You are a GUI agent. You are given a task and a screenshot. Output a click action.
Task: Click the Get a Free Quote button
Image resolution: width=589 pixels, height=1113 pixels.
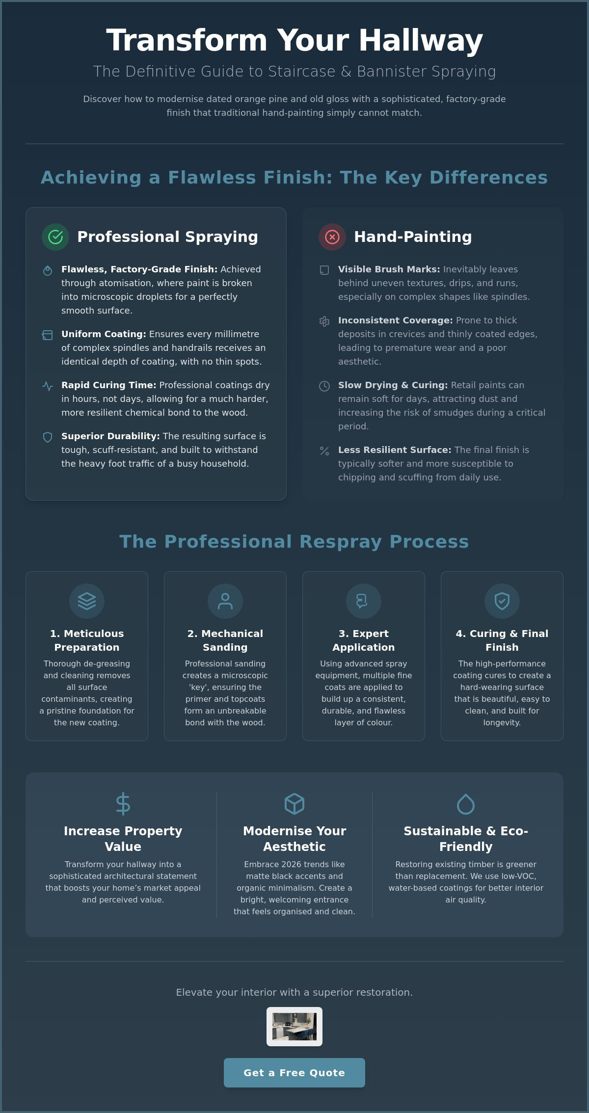(x=294, y=1073)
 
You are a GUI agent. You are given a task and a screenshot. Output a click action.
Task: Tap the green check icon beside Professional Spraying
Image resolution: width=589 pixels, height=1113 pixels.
(x=55, y=237)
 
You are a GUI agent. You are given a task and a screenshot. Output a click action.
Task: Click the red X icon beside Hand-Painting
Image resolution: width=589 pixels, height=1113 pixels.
(x=332, y=237)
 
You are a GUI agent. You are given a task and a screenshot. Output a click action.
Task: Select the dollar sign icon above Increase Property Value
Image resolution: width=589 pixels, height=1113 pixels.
(x=123, y=804)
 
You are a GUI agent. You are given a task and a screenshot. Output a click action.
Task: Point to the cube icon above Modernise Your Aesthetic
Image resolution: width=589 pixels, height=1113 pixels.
(x=294, y=804)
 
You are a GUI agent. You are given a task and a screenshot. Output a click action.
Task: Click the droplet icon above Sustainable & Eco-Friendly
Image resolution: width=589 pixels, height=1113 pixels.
(x=466, y=804)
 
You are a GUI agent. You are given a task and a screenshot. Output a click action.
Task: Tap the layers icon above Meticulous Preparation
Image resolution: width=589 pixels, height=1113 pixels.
(x=87, y=601)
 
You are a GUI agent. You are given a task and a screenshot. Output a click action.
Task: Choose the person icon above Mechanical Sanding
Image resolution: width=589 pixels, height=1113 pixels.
(x=225, y=601)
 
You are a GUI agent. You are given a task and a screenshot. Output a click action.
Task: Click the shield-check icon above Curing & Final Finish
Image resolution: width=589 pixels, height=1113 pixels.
(x=502, y=601)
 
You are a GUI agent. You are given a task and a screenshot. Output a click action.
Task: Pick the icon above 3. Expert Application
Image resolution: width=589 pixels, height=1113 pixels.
(x=364, y=601)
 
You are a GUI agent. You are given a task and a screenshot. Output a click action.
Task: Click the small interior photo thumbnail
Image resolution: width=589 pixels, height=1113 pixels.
(x=294, y=1027)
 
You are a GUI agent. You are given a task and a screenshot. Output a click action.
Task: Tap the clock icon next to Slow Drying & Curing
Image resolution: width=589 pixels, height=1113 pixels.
(x=324, y=386)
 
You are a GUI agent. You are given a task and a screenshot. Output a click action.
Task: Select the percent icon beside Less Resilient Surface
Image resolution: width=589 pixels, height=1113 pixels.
(x=324, y=451)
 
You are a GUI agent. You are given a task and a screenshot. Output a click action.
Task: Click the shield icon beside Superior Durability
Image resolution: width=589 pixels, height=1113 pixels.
(x=48, y=437)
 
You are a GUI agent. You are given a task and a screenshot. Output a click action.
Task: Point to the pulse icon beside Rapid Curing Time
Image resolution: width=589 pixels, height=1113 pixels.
(x=48, y=386)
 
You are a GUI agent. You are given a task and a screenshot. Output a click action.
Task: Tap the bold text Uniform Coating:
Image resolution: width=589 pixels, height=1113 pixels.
(x=104, y=334)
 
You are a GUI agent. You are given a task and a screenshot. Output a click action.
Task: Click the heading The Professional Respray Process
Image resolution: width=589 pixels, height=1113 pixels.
(x=294, y=542)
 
